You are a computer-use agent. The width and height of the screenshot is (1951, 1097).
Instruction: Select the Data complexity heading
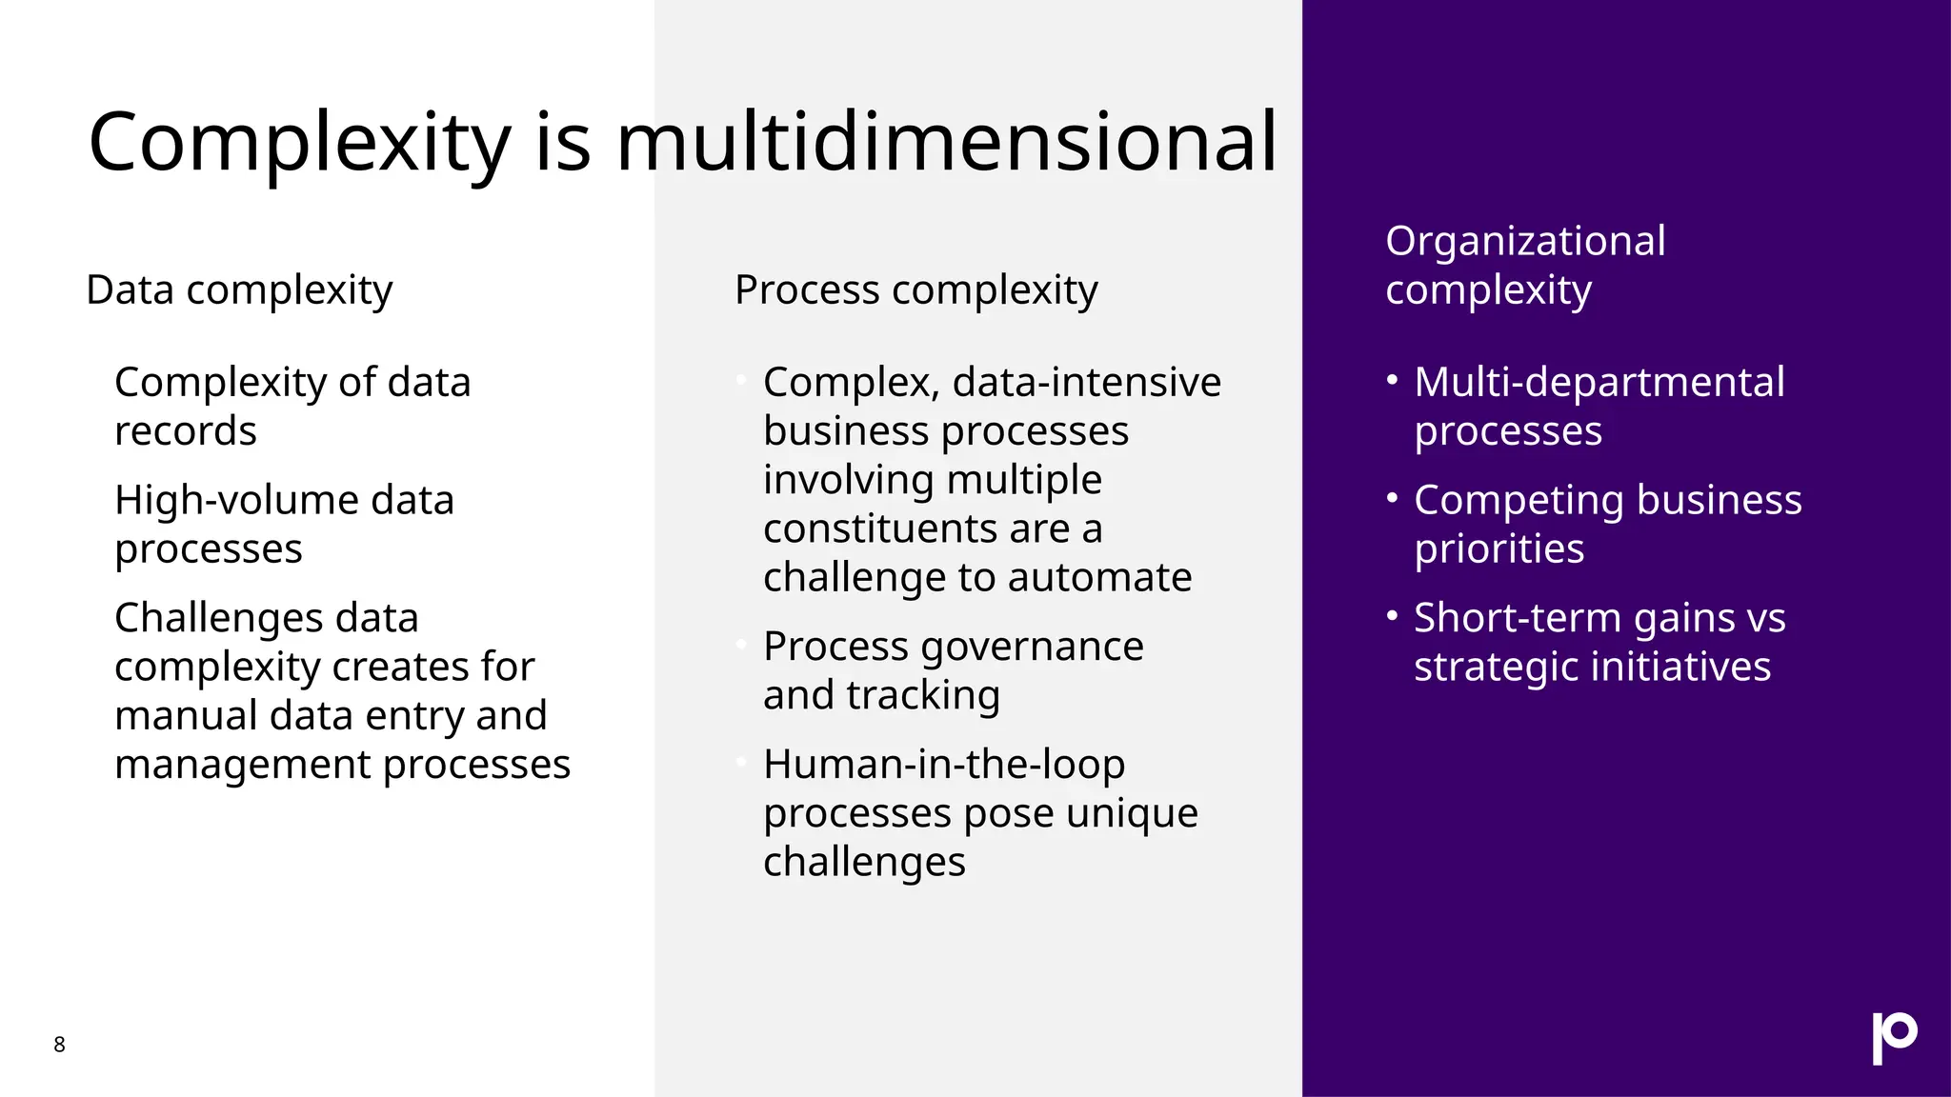pyautogui.click(x=239, y=289)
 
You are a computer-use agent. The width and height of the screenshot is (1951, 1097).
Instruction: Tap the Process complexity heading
pyautogui.click(x=915, y=289)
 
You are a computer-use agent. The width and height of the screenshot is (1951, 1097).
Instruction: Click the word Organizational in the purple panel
pyautogui.click(x=1525, y=241)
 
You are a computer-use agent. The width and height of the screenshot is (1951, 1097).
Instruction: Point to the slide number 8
pyautogui.click(x=59, y=1045)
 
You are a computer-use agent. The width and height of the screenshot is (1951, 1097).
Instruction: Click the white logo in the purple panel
pyautogui.click(x=1894, y=1037)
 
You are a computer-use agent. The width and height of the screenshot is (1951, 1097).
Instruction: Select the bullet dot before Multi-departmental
pyautogui.click(x=1392, y=381)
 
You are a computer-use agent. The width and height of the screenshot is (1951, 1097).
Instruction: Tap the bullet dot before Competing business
pyautogui.click(x=1392, y=498)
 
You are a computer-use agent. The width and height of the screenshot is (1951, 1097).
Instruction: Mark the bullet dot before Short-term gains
pyautogui.click(x=1392, y=616)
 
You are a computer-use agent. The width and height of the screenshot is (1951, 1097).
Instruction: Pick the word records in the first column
pyautogui.click(x=186, y=431)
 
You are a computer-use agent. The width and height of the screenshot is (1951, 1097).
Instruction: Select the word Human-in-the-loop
pyautogui.click(x=944, y=765)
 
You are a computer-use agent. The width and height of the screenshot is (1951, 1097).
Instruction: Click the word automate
pyautogui.click(x=1099, y=578)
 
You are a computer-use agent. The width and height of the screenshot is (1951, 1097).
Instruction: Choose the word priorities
pyautogui.click(x=1498, y=549)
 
